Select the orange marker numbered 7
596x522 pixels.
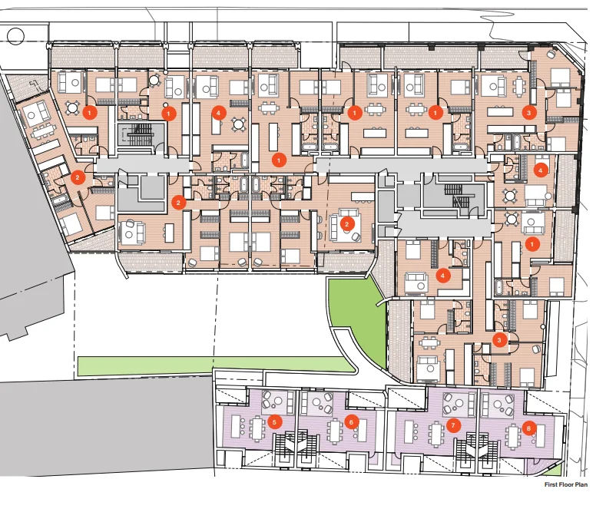point(453,425)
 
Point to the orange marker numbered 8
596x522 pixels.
point(528,428)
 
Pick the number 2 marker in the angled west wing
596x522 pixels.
point(78,177)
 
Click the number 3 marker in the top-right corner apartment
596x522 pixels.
point(528,112)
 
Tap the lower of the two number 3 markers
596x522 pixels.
point(500,338)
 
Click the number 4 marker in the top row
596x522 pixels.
point(219,112)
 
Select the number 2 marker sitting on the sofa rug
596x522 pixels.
point(347,224)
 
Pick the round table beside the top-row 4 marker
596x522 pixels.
point(238,123)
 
